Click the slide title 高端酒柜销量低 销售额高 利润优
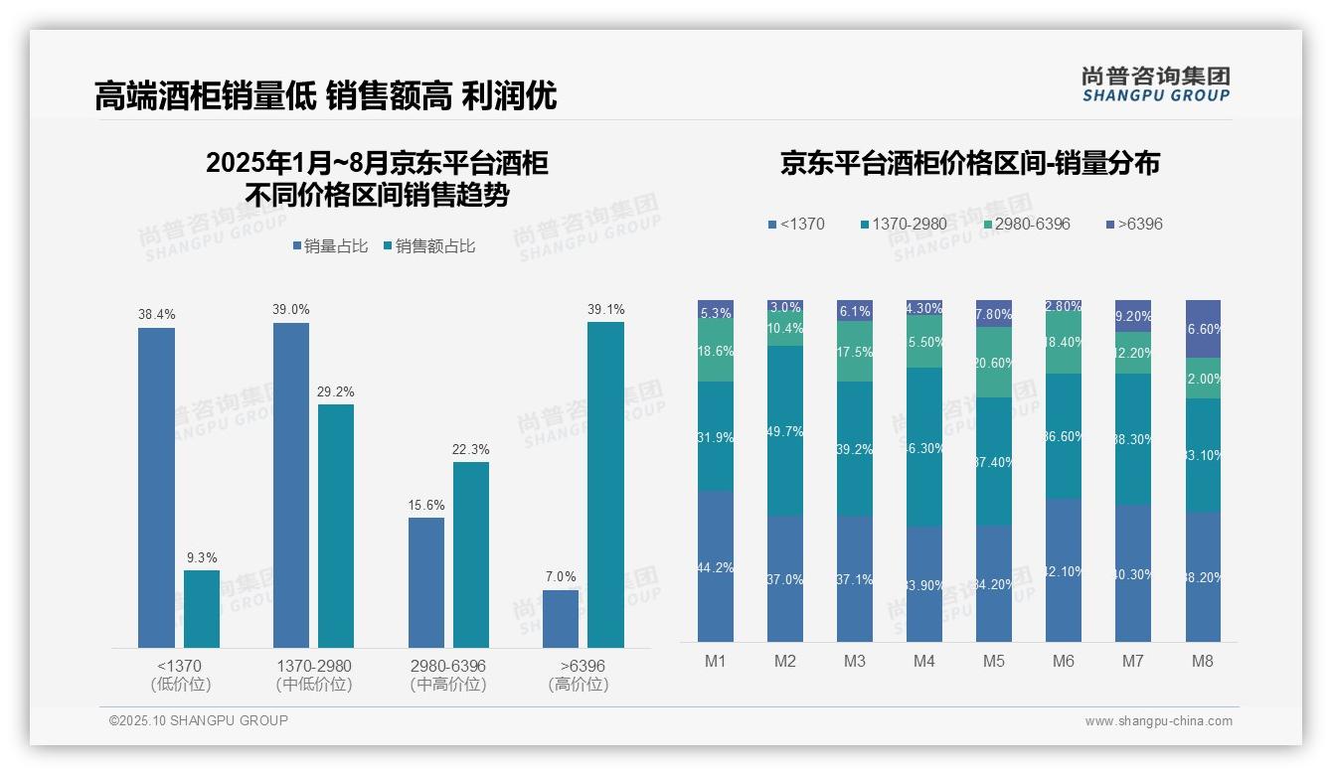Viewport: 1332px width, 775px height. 325,95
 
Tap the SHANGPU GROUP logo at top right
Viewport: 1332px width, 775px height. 1155,84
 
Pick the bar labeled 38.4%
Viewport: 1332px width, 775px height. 156,487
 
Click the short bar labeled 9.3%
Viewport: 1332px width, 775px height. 202,608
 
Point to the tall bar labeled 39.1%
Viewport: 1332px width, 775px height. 605,484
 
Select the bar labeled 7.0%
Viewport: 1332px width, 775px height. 561,618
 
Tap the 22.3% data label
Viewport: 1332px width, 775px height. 470,449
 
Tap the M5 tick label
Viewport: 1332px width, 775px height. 993,661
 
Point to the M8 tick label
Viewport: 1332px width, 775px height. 1202,661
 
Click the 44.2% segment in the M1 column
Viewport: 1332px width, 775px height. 716,566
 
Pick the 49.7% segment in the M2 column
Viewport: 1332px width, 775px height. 785,430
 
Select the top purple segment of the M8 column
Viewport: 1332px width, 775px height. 1203,328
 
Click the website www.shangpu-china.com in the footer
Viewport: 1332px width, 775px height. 1158,721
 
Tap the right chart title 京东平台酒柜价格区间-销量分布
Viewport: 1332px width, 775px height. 969,164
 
